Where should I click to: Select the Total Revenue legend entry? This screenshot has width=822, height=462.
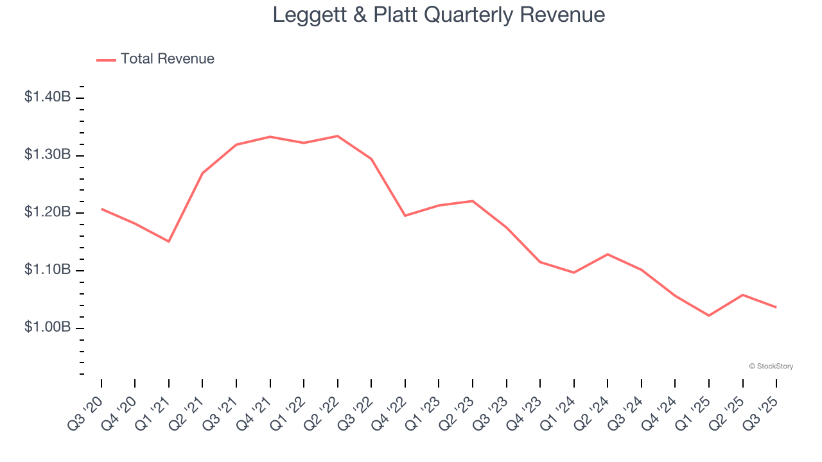pyautogui.click(x=155, y=59)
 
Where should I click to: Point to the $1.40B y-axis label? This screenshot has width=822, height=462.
pyautogui.click(x=48, y=98)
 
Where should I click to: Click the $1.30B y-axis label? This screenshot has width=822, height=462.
pyautogui.click(x=48, y=155)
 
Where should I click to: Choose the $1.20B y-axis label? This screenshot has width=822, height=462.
pyautogui.click(x=48, y=212)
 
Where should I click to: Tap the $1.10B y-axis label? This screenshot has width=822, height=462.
pyautogui.click(x=48, y=270)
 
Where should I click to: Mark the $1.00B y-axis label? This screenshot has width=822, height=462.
pyautogui.click(x=48, y=327)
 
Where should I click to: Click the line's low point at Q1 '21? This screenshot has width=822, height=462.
pyautogui.click(x=169, y=241)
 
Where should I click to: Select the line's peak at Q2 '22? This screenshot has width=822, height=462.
pyautogui.click(x=338, y=136)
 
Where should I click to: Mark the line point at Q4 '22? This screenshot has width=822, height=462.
pyautogui.click(x=405, y=216)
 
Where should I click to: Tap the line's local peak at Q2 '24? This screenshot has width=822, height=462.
pyautogui.click(x=608, y=254)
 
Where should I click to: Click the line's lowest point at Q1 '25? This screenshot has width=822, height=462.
pyautogui.click(x=709, y=316)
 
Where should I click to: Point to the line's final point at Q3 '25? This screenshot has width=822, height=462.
pyautogui.click(x=776, y=307)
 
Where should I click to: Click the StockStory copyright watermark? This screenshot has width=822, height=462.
pyautogui.click(x=771, y=366)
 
